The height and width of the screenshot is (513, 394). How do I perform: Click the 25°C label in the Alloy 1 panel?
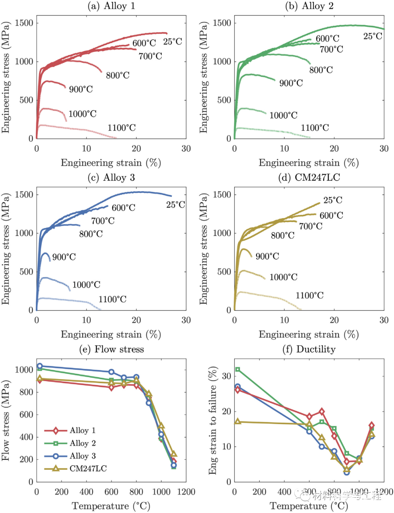click(173, 42)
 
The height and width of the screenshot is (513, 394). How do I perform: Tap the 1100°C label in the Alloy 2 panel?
click(314, 128)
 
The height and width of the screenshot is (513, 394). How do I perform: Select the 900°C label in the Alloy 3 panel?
click(64, 257)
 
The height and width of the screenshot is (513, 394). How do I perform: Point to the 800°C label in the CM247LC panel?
click(282, 236)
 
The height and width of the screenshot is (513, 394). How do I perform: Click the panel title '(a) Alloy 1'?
click(111, 6)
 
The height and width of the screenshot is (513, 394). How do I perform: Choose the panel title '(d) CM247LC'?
click(309, 178)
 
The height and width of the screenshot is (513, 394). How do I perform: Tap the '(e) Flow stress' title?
click(112, 349)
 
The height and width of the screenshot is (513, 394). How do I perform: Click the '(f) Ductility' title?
click(309, 349)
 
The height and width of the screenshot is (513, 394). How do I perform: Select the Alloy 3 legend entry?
click(82, 456)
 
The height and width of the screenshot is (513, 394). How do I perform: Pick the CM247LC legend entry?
click(88, 469)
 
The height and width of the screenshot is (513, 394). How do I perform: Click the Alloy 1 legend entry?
click(82, 431)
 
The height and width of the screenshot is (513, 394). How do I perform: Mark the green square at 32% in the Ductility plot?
click(237, 369)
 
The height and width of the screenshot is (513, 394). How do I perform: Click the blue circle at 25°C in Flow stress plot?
click(40, 366)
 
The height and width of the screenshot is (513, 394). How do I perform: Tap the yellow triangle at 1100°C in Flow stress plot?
click(174, 454)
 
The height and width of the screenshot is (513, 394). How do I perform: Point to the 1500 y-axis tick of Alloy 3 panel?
click(24, 195)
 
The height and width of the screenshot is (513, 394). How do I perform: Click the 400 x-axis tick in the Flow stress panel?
click(86, 492)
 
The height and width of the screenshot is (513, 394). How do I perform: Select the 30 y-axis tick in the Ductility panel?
click(227, 376)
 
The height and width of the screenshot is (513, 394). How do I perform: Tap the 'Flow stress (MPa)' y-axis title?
click(5, 420)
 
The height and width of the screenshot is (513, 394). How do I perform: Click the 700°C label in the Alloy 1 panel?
click(150, 56)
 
